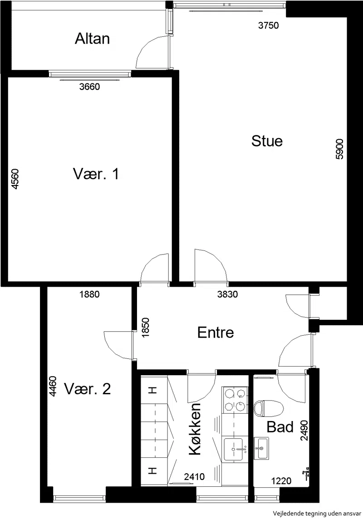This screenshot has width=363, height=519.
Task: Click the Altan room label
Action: pos(92,39)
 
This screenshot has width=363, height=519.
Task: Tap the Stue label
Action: pos(267,141)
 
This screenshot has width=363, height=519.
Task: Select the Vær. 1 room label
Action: pos(96,174)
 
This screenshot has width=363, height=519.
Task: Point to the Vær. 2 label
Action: pos(88,389)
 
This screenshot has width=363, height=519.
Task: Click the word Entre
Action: pos(216,333)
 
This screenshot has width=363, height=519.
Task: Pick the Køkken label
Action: pos(195,429)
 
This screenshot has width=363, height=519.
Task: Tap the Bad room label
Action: pos(280,427)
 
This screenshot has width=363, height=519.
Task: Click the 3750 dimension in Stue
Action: pos(268,25)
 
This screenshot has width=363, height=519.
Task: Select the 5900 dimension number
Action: pos(339,149)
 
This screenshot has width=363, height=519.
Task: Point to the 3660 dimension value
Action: pos(89,87)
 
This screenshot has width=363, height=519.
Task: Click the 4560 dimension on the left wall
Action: pos(15,179)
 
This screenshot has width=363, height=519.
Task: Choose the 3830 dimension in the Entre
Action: pos(227,294)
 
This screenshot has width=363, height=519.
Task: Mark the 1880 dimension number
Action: pos(89,294)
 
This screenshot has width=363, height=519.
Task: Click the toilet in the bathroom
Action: pos(268,408)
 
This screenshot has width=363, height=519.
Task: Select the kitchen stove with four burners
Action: pos(235,400)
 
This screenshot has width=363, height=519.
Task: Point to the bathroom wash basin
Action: pos(261,448)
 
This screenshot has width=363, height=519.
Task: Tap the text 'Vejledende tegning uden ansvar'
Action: pos(317,514)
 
